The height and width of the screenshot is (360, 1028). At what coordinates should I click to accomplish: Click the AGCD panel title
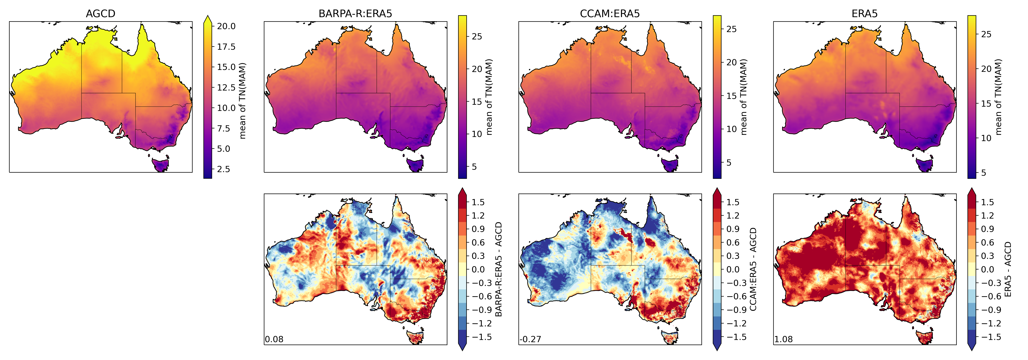point(101,14)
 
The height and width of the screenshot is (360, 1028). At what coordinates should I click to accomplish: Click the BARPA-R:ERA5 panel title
point(355,14)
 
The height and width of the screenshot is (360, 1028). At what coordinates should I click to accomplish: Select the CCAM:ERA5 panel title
point(610,14)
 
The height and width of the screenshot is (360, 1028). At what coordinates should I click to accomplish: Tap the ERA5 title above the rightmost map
point(864,14)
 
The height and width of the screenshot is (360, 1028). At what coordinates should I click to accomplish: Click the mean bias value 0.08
point(274,339)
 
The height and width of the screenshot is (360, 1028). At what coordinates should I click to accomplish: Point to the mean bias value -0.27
point(530,339)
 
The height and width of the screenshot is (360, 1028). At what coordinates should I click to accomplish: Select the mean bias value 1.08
point(783,339)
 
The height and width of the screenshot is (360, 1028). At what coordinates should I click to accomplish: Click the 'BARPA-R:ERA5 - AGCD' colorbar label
point(498,269)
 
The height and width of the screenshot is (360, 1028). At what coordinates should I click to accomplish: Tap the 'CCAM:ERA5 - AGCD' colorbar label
point(753,269)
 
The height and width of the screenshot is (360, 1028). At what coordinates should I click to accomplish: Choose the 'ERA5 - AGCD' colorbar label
point(1008,269)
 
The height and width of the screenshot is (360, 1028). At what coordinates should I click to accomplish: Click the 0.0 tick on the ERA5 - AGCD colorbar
point(988,269)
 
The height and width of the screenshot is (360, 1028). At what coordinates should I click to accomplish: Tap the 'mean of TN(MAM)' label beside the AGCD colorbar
point(243,101)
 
